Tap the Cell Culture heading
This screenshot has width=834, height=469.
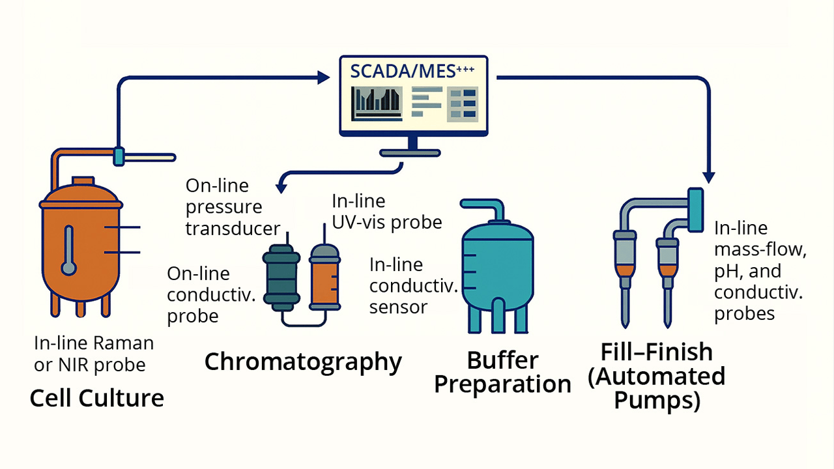(96, 397)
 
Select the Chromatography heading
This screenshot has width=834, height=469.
(303, 362)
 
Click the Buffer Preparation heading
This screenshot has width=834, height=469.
(502, 372)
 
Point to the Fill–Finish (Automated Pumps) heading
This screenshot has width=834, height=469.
(656, 376)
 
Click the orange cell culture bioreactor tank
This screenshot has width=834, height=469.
(81, 248)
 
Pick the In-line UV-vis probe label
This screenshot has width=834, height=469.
(387, 212)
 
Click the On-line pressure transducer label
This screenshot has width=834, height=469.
(233, 207)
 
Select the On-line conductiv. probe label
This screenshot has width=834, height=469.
(210, 294)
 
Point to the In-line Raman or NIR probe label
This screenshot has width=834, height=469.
(94, 354)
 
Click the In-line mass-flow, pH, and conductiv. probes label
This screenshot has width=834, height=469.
(758, 271)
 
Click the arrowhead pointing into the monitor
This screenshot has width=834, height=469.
(323, 78)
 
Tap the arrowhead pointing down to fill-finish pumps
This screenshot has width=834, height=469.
(710, 177)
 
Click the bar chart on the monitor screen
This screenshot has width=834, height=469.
(374, 102)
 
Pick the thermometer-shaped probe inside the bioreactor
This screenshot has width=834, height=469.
(68, 251)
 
